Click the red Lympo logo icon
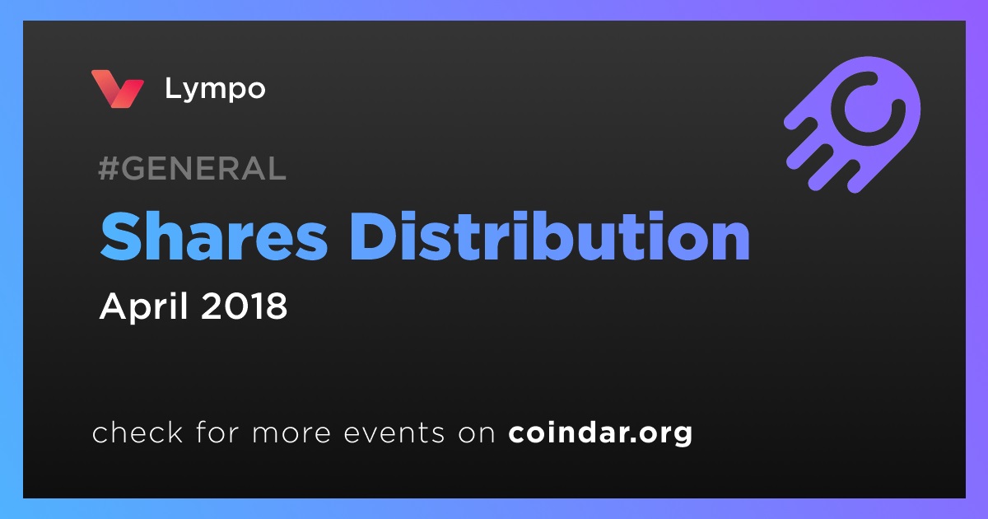[117, 89]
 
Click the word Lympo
[215, 90]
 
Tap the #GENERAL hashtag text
[193, 168]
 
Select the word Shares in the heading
[214, 236]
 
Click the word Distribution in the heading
[550, 236]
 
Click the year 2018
[245, 306]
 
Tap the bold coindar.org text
[600, 433]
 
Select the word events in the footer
[394, 433]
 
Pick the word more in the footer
[291, 434]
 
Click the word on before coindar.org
[477, 434]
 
